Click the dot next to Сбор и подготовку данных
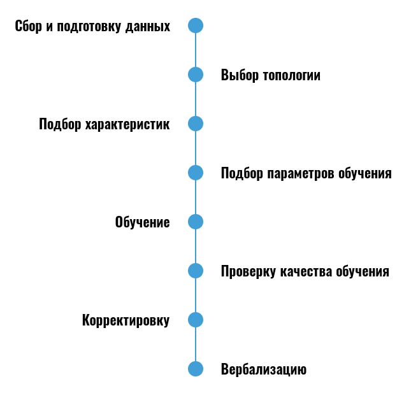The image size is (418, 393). [x=196, y=25]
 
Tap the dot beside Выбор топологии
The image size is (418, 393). [x=196, y=75]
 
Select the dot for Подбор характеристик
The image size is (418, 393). [x=196, y=124]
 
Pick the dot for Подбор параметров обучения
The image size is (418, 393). [x=196, y=173]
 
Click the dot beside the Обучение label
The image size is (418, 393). [x=196, y=222]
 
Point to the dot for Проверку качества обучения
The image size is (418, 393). [x=196, y=271]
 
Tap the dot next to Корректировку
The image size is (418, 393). [x=196, y=320]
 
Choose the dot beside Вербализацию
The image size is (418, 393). [x=196, y=369]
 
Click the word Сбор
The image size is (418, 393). [x=28, y=26]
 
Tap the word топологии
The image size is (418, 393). [x=292, y=75]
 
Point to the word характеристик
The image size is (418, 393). [x=127, y=124]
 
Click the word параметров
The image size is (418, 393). [x=301, y=173]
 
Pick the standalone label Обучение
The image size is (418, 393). [x=142, y=222]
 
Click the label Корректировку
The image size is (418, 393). [x=126, y=320]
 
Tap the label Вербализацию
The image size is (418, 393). [x=264, y=369]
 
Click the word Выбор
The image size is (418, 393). [x=240, y=75]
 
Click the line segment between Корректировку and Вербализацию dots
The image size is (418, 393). [x=196, y=344]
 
